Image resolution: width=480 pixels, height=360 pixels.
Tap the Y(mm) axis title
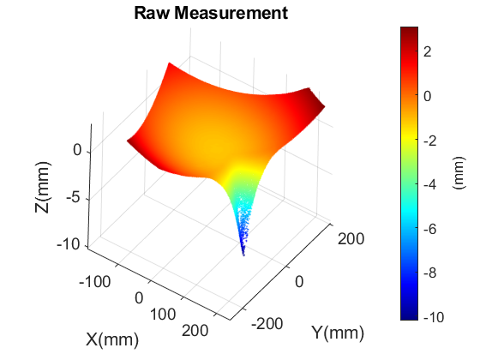tap(337, 332)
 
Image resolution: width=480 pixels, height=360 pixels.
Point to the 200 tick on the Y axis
tap(348, 238)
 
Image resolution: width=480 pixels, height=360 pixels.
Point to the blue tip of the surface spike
tap(243, 254)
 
